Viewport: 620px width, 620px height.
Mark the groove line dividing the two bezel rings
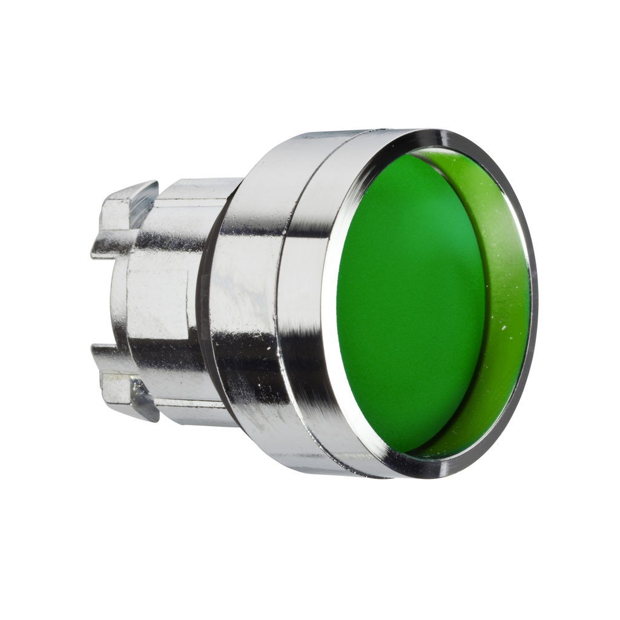click(x=285, y=303)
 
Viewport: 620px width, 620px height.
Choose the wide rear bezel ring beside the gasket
click(x=242, y=303)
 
